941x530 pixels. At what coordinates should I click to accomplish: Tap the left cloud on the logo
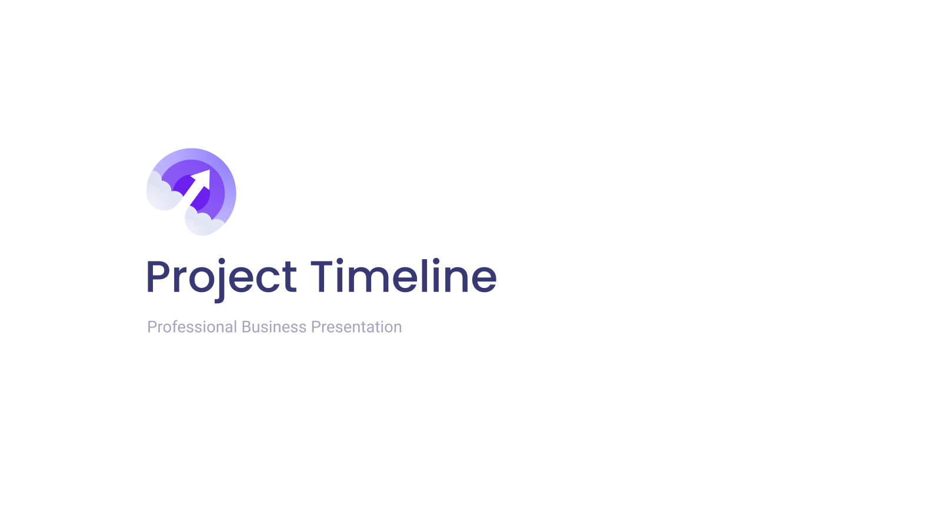[162, 193]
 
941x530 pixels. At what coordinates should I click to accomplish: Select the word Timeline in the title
[403, 276]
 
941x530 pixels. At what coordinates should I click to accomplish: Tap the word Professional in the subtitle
[192, 327]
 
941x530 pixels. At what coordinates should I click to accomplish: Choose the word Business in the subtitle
[274, 327]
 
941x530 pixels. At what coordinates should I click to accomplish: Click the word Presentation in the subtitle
[356, 327]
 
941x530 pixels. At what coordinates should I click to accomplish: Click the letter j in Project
[220, 280]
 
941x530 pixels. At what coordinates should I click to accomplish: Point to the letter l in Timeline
[424, 276]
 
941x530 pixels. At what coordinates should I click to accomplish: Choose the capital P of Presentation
[315, 327]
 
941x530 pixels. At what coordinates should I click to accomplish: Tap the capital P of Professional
[152, 327]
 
